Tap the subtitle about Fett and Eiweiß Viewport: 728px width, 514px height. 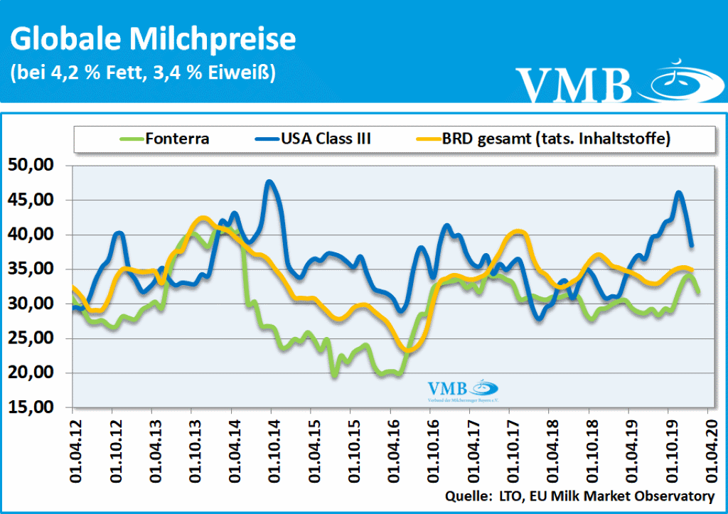click(143, 72)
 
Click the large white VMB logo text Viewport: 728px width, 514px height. click(574, 84)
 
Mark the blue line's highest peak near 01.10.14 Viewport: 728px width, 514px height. click(269, 181)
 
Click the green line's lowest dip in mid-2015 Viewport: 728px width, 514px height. click(334, 375)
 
